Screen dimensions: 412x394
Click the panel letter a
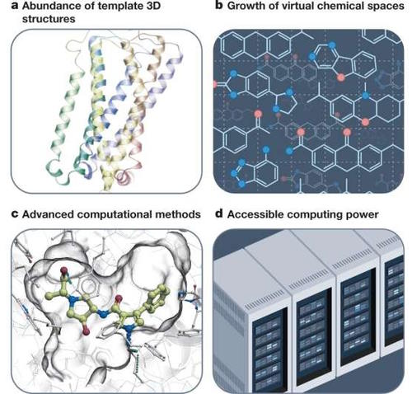15,7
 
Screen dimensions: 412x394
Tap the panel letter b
219,5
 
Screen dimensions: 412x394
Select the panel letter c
15,214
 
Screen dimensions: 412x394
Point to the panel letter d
219,213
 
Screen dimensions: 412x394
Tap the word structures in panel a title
49,19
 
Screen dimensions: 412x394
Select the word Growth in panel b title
246,6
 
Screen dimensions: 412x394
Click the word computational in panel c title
114,214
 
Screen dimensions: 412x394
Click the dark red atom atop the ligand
64,271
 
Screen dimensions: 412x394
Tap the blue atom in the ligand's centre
104,314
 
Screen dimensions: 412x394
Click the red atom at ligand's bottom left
86,331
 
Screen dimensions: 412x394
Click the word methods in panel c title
178,214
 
